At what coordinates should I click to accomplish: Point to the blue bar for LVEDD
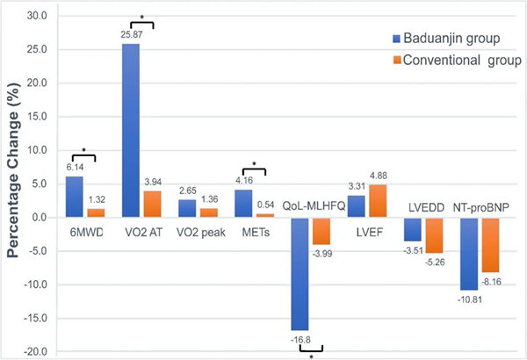coord(412,229)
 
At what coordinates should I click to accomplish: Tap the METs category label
coord(250,233)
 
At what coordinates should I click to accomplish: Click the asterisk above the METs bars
coord(253,163)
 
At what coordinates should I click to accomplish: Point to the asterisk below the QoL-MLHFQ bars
coord(311,355)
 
